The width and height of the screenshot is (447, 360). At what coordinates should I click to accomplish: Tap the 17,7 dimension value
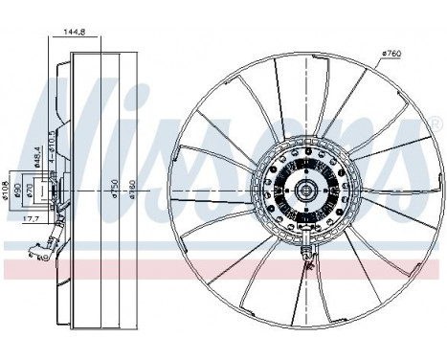pos(32,219)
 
